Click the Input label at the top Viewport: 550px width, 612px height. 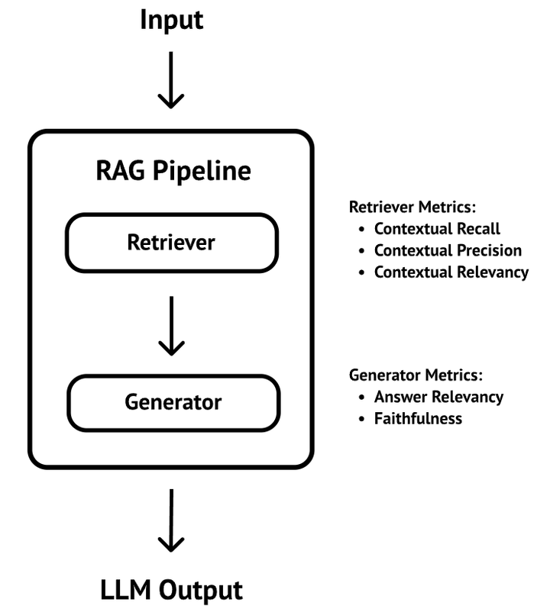click(x=171, y=21)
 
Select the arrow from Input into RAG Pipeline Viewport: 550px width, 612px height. click(x=170, y=80)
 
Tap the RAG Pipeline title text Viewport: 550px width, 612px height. click(x=173, y=172)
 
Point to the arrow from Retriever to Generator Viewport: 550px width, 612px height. click(x=171, y=326)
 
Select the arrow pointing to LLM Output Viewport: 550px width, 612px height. click(x=171, y=520)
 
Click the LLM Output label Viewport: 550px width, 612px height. click(x=171, y=590)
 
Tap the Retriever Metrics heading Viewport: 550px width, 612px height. click(x=412, y=208)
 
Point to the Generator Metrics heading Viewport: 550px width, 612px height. click(x=416, y=375)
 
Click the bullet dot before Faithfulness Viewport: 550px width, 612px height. click(x=361, y=419)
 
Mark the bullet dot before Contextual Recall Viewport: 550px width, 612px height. click(x=361, y=229)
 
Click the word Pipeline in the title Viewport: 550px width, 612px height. click(x=202, y=172)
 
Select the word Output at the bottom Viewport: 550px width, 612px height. click(x=201, y=590)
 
